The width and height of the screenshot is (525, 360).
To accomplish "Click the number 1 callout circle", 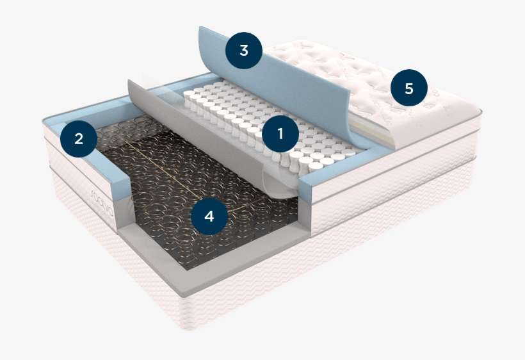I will (x=279, y=133).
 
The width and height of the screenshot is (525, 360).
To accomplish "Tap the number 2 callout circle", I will (x=78, y=138).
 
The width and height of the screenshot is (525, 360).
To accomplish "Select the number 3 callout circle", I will (x=243, y=50).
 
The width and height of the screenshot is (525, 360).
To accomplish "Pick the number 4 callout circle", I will (x=209, y=216).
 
